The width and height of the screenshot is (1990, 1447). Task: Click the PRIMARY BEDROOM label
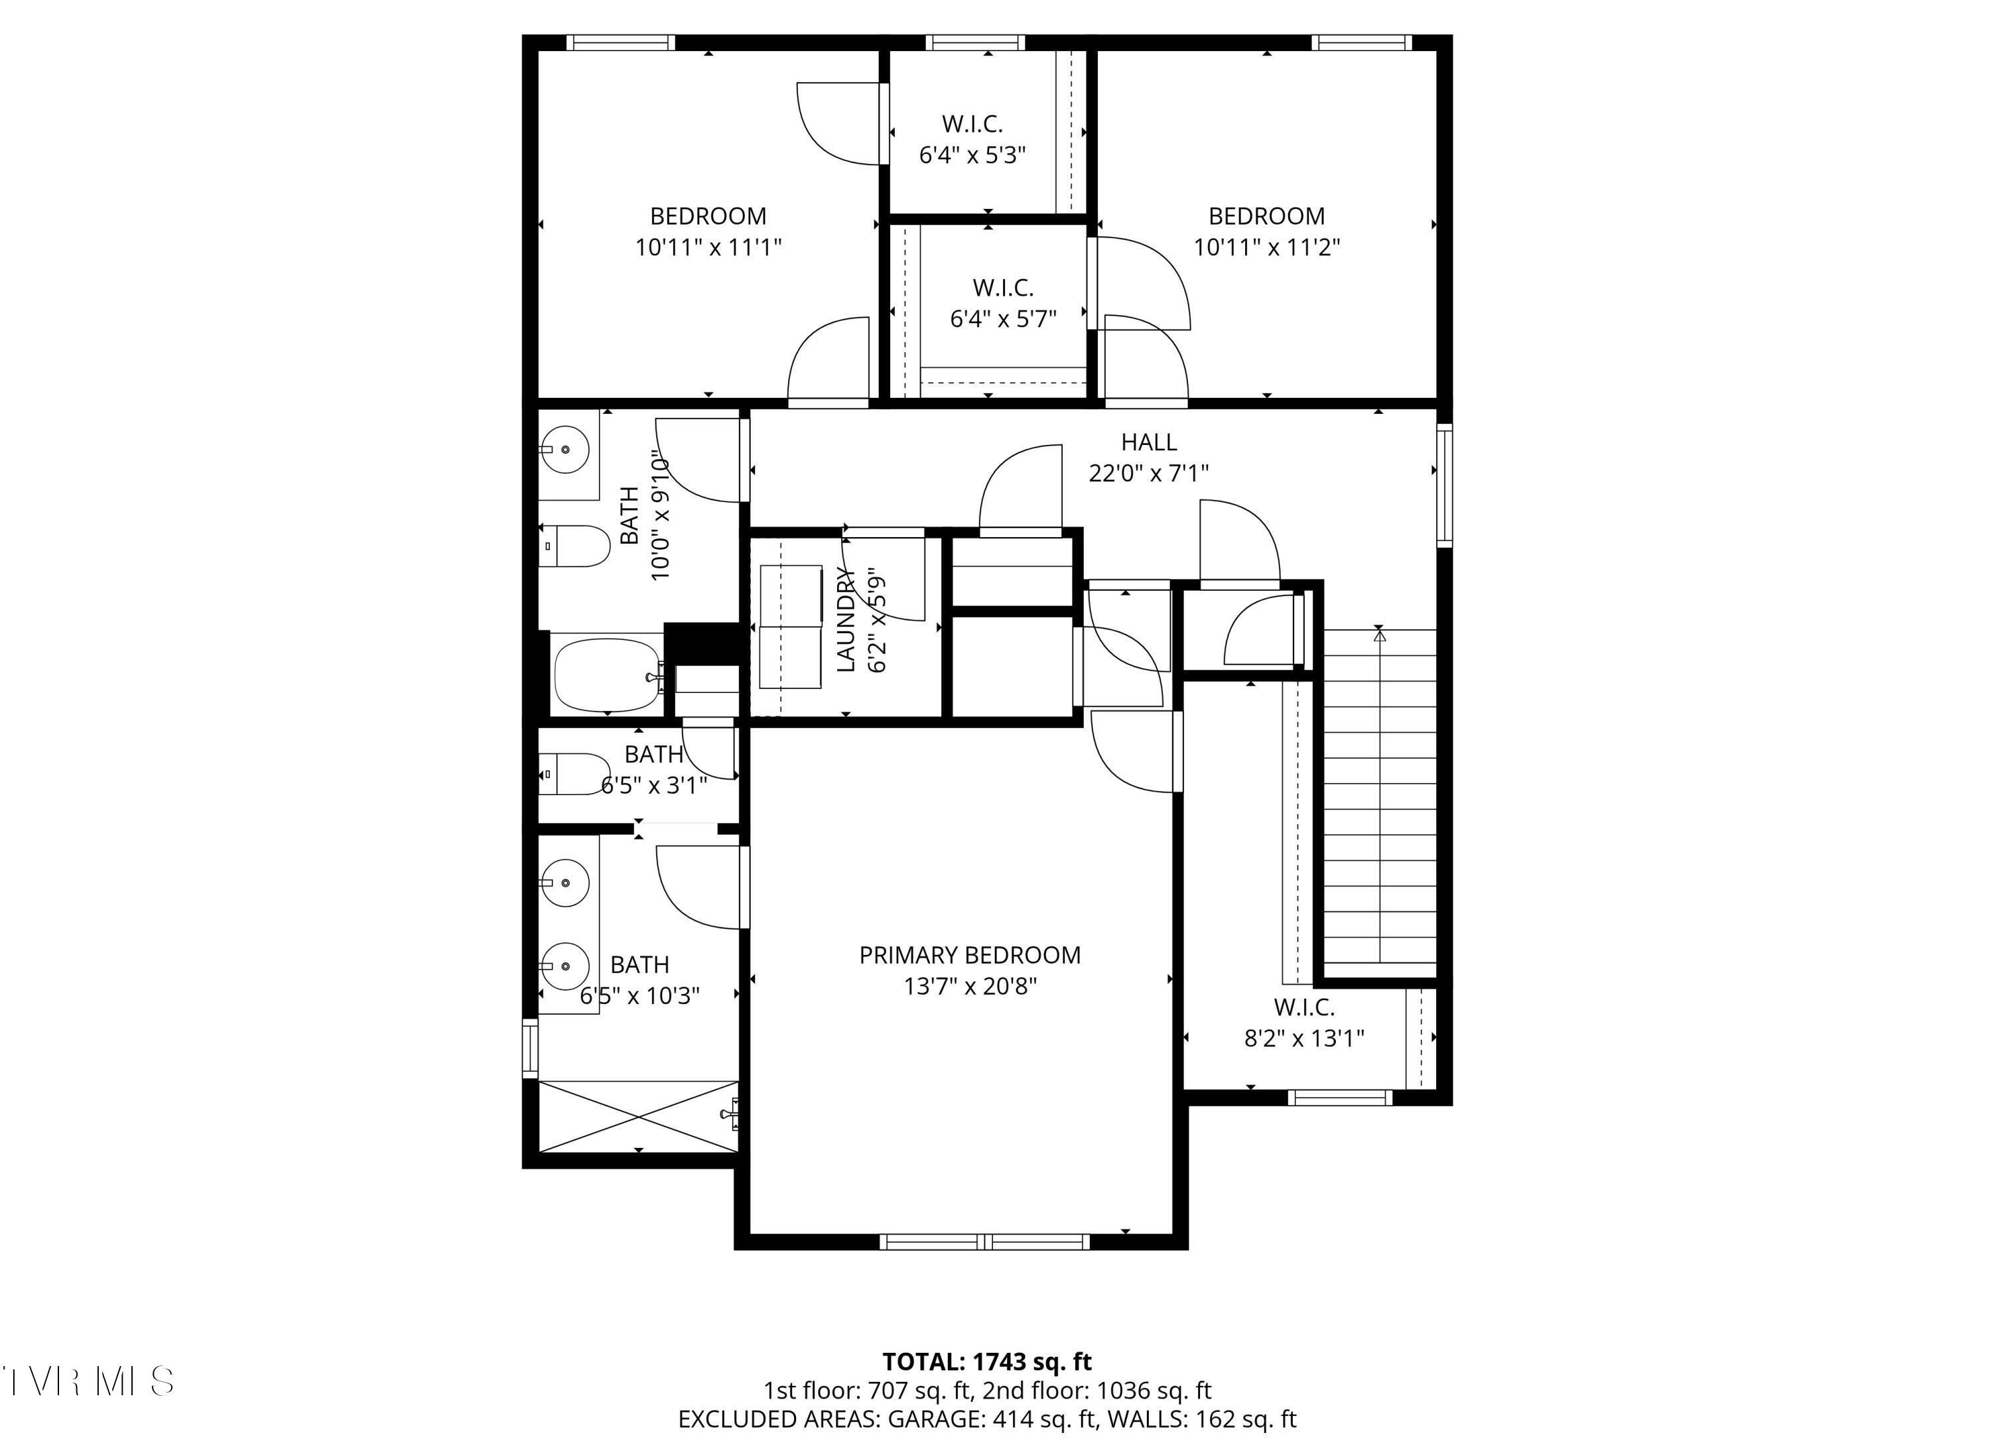coord(970,955)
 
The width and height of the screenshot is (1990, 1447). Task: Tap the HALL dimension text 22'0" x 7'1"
coord(1148,473)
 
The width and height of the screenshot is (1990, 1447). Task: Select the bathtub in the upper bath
coord(606,674)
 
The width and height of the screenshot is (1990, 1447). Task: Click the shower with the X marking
coord(638,1116)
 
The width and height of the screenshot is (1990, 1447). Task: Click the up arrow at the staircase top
coord(1379,635)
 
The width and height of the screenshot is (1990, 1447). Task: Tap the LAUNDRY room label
coord(846,619)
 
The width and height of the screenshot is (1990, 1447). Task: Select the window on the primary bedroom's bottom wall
coord(984,1241)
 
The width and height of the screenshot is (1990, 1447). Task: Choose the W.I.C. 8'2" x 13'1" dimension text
coord(1304,1039)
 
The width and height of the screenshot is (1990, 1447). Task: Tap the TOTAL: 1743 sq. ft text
coord(986,1362)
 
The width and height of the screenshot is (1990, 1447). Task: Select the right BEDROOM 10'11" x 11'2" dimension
coord(1266,247)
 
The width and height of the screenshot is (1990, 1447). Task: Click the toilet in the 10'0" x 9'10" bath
coord(574,546)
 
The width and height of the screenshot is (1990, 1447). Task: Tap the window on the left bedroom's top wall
coord(620,42)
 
